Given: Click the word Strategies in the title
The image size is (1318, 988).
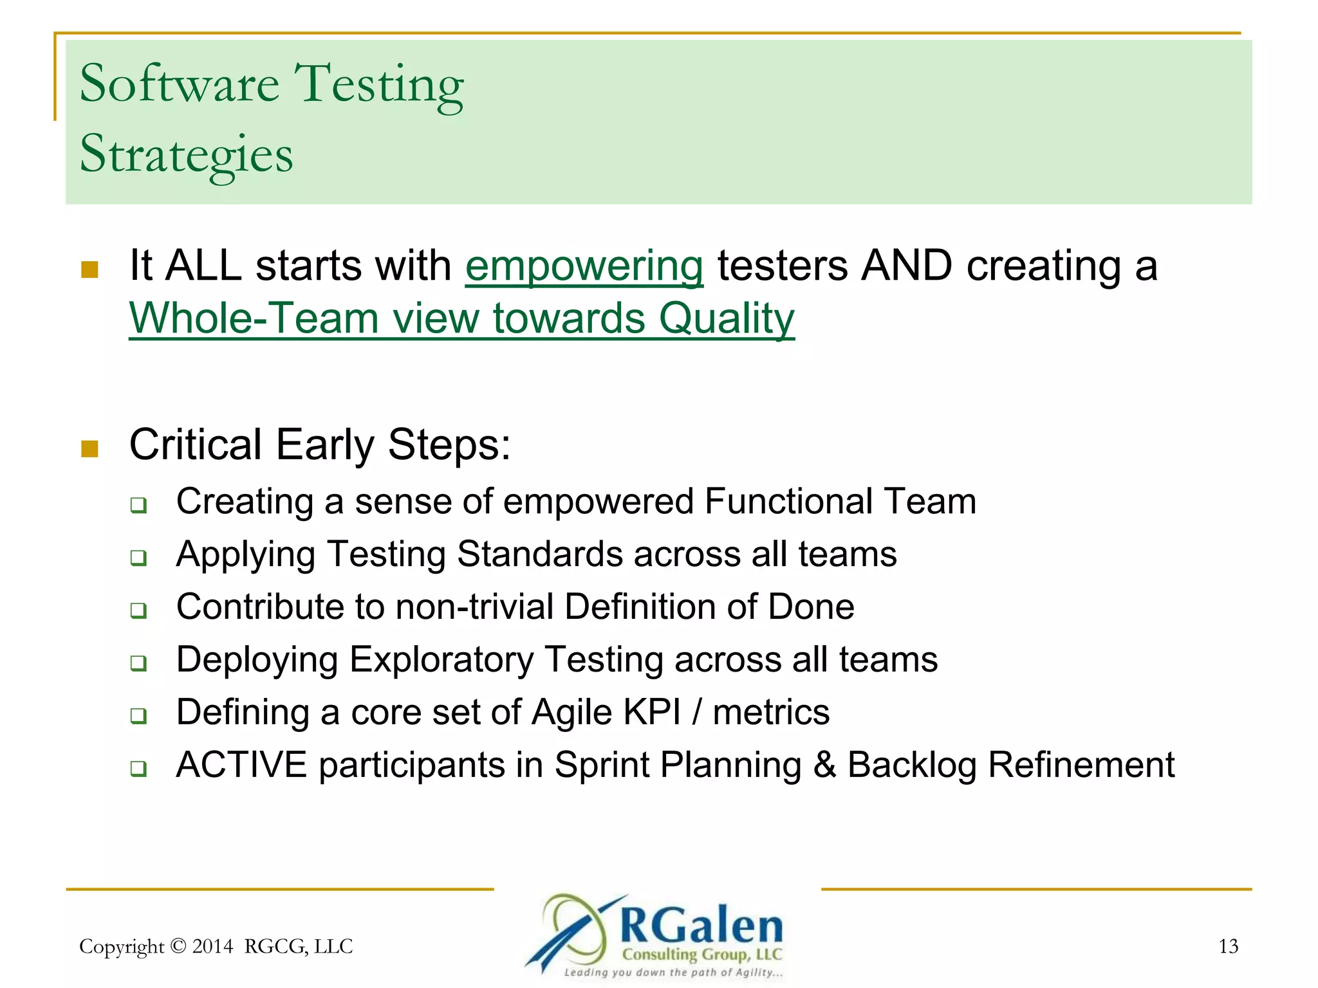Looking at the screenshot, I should [x=186, y=154].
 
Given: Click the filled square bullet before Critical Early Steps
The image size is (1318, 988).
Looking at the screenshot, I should [x=90, y=448].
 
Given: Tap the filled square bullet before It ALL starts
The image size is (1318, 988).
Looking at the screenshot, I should [x=90, y=269].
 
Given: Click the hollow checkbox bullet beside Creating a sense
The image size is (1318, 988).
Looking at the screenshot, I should [x=138, y=505].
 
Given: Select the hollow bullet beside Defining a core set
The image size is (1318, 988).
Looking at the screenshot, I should [x=138, y=716].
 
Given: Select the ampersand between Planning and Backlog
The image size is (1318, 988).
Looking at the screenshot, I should [x=824, y=765].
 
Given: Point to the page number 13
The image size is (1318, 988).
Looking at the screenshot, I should [x=1228, y=946].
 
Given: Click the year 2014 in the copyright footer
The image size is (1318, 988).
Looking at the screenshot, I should [x=212, y=946].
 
